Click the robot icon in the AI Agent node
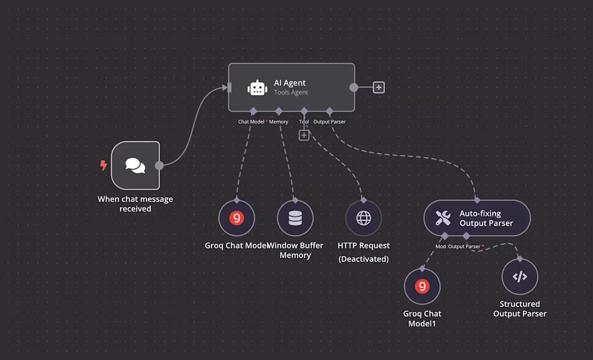point(257,88)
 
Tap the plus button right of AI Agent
point(378,87)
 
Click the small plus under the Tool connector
point(304,135)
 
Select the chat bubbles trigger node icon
point(135,165)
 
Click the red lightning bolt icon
point(104,165)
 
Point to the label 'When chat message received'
point(135,204)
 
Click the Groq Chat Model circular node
point(236,218)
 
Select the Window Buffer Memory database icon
point(295,218)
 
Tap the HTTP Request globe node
point(363,218)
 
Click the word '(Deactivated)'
point(363,259)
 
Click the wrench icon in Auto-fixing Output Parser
point(443,218)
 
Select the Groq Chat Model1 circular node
point(422,287)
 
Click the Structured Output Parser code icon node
point(520,277)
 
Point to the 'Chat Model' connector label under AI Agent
point(251,122)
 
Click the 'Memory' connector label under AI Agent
point(279,122)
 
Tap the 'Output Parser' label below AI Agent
point(329,122)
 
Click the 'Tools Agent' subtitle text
point(291,93)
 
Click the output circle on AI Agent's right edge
point(354,87)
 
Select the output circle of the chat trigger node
point(159,165)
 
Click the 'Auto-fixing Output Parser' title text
point(486,218)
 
